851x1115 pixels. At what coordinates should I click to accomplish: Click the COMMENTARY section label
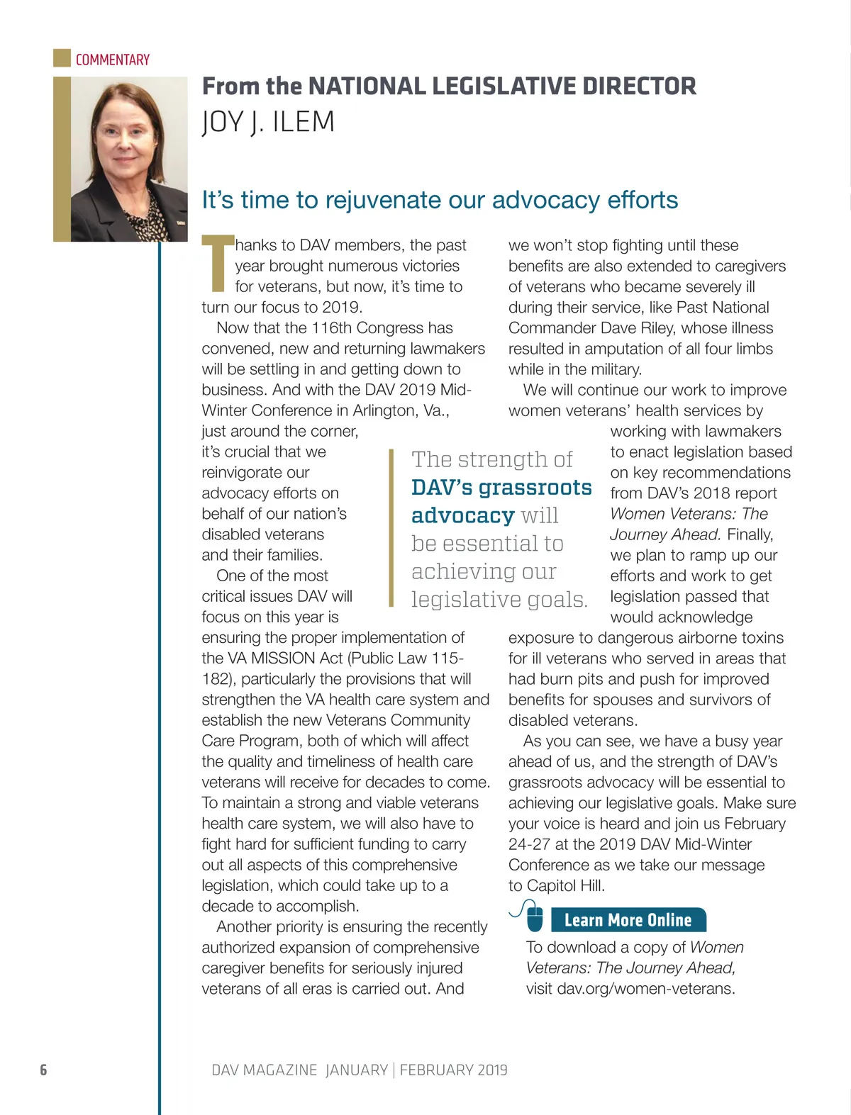click(113, 60)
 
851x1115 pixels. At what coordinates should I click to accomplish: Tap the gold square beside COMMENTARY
click(62, 57)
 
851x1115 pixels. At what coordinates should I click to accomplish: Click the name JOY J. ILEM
click(268, 122)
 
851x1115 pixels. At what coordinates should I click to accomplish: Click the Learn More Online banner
click(628, 920)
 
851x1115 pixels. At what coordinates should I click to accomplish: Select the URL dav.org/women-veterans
click(645, 988)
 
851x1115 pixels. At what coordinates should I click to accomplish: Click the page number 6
click(43, 1070)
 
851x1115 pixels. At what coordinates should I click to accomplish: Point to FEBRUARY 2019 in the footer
click(454, 1070)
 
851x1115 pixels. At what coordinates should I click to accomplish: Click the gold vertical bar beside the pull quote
click(391, 528)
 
